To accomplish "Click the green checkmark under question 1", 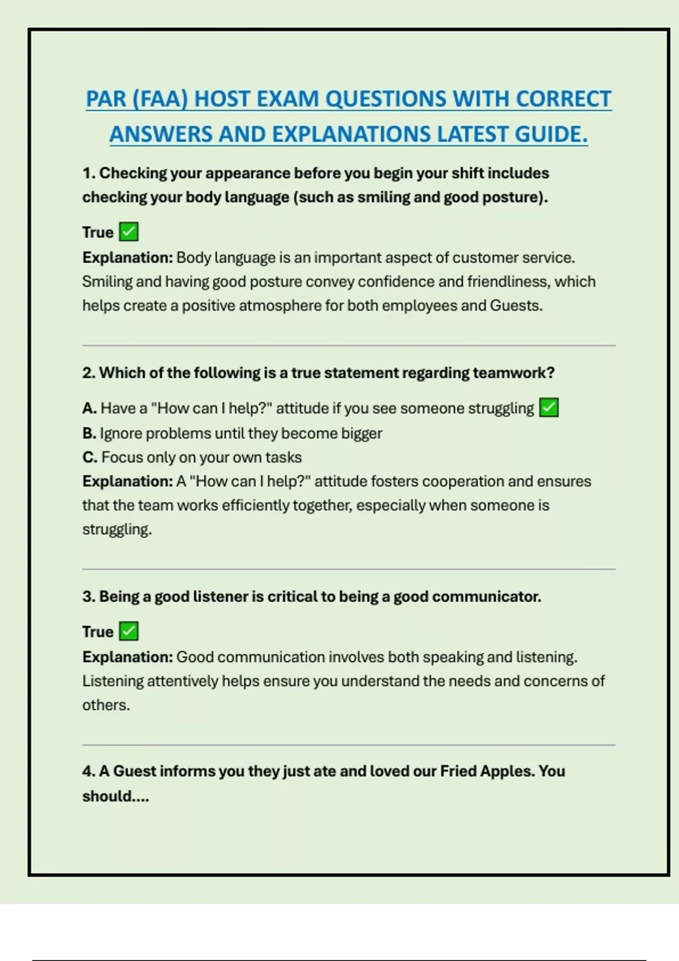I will (x=129, y=232).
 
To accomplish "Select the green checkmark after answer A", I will (x=549, y=408).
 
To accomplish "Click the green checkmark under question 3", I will (x=129, y=631).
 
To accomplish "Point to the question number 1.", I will (x=88, y=173).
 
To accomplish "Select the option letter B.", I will (x=88, y=434).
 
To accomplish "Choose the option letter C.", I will (x=89, y=457).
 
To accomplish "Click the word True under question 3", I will (x=98, y=631).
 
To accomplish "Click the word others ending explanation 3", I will (x=105, y=705).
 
